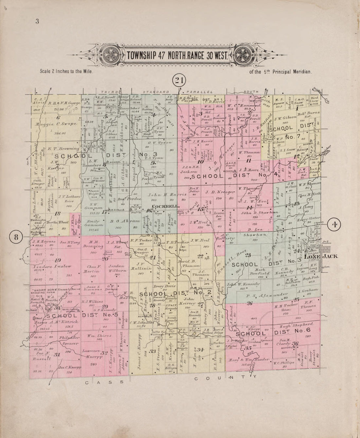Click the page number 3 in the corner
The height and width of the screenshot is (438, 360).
(37, 22)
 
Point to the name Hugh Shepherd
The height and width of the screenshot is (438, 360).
(295, 325)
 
